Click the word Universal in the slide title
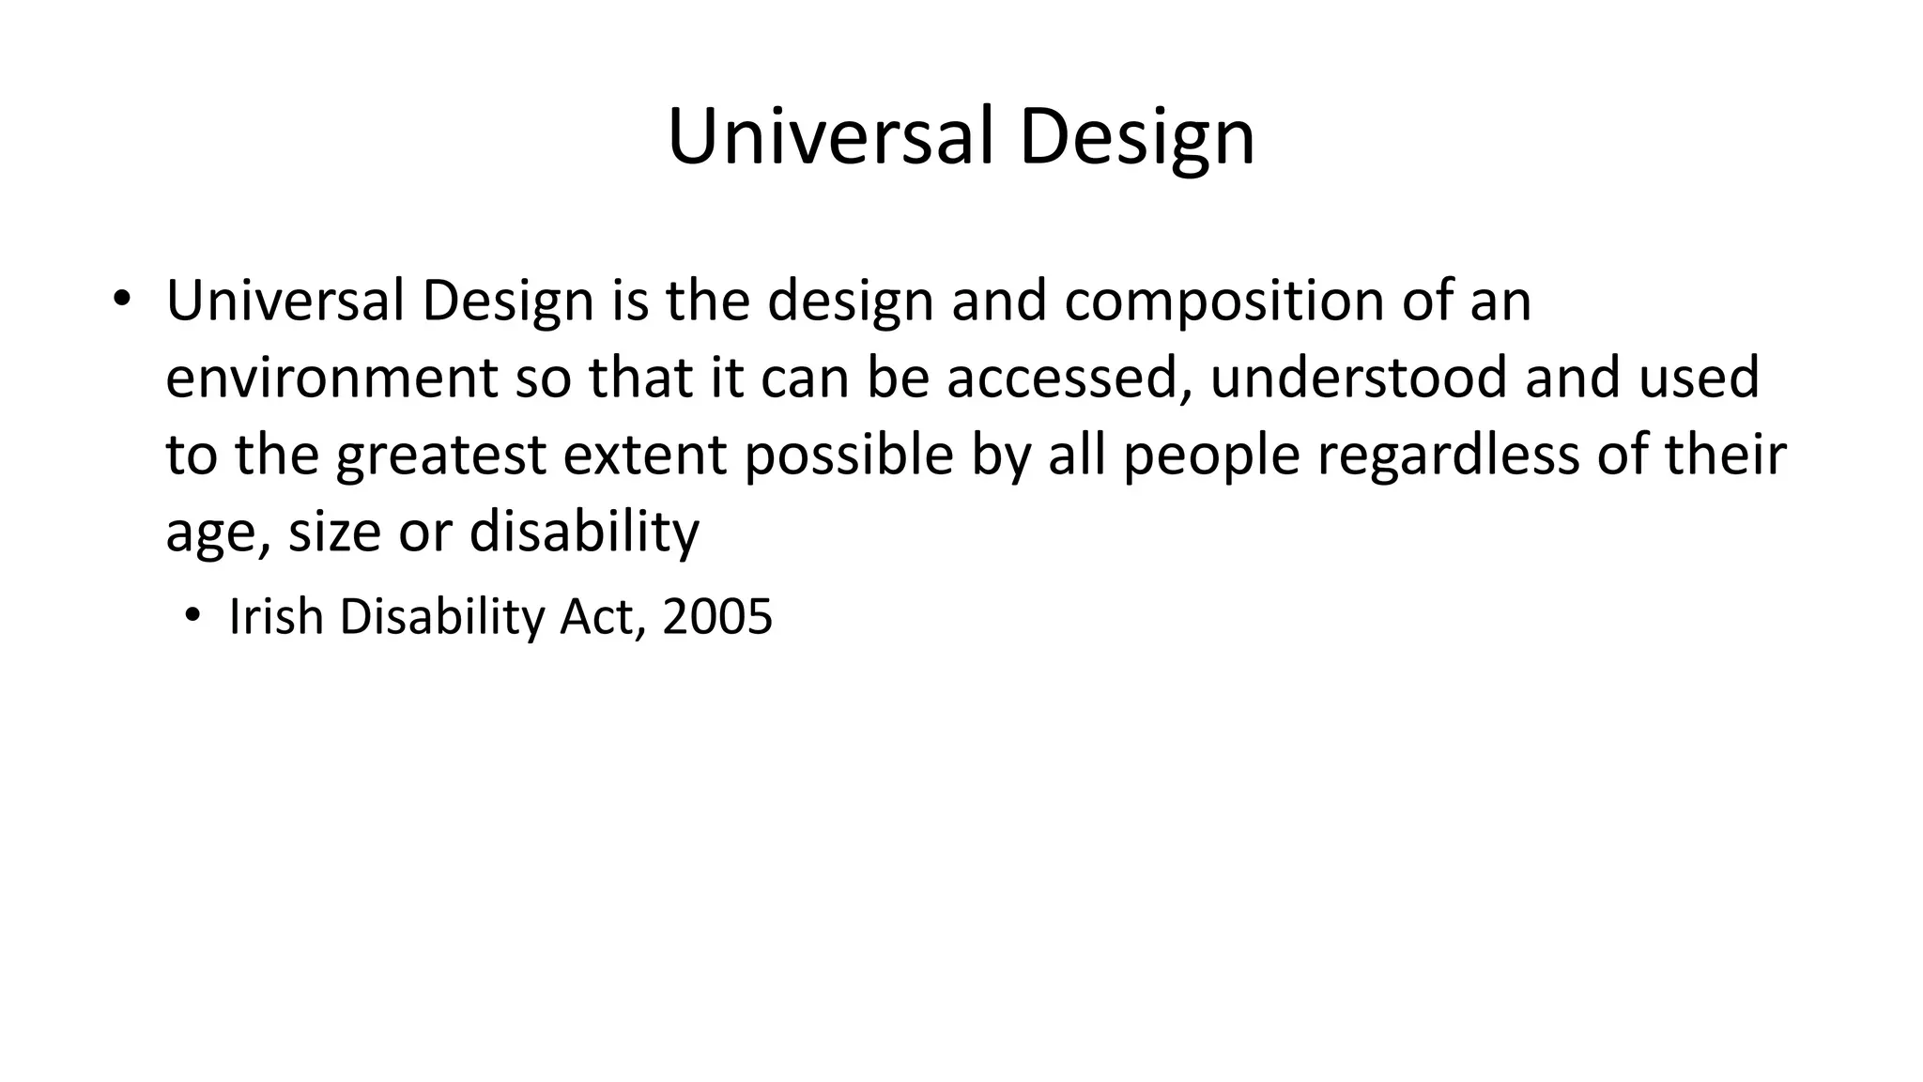coord(830,137)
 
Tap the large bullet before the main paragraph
coord(120,300)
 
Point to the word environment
coord(331,378)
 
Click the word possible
coord(849,456)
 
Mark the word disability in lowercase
coord(584,533)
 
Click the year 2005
coord(717,618)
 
